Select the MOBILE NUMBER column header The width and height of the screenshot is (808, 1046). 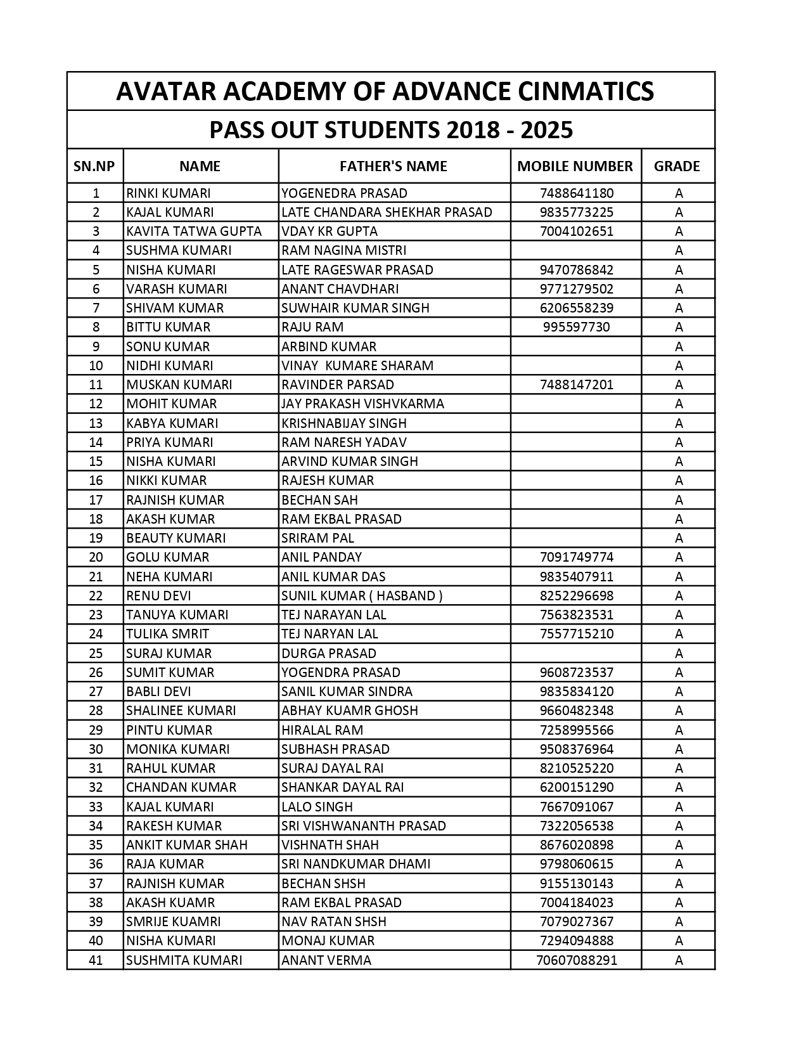coord(575,166)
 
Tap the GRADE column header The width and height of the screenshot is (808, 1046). coord(677,166)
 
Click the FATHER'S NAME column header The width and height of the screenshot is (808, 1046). coord(393,166)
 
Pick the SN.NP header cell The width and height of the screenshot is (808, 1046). coord(94,166)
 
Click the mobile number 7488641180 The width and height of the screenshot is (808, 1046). coord(577,193)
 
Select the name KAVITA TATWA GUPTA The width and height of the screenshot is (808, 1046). coord(194,231)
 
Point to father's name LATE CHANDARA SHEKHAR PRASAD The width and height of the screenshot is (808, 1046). coord(387,212)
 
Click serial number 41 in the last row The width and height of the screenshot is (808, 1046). coord(96,960)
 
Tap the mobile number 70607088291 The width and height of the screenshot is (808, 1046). coord(577,960)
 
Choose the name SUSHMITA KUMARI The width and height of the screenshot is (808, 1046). coord(184,960)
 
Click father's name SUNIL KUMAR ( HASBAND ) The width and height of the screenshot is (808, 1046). coord(362,595)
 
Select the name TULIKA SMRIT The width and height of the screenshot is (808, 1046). coord(167,633)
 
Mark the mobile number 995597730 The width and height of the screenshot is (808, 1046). coord(577,326)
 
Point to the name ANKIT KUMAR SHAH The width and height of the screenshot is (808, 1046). coord(187,844)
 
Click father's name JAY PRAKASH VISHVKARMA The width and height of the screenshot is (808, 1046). coord(362,403)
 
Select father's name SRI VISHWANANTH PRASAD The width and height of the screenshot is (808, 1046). coord(364,825)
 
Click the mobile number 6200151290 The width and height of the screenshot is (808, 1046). coord(577,787)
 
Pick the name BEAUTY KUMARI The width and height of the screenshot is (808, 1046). coord(176,538)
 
